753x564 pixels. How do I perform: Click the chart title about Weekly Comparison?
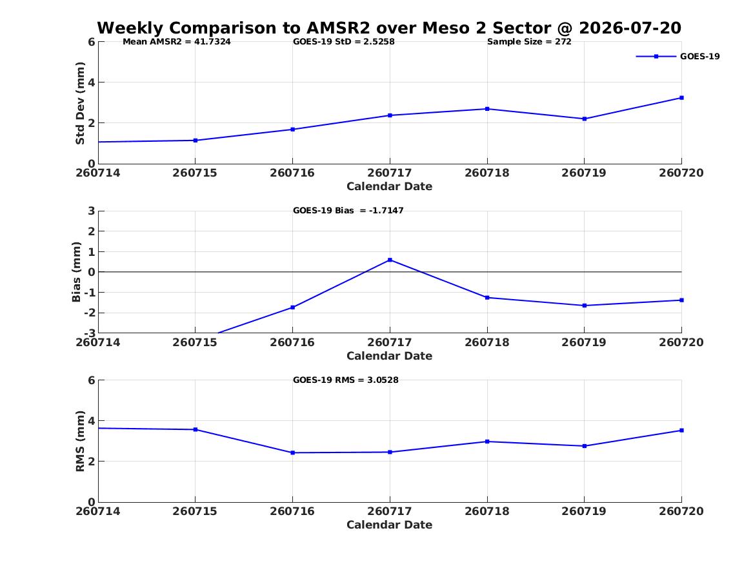tap(389, 28)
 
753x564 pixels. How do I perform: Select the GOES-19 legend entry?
tap(678, 57)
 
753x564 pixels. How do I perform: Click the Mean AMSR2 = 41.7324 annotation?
tap(177, 42)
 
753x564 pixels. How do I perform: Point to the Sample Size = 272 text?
tap(529, 42)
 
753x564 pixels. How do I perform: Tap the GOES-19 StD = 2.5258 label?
tap(344, 42)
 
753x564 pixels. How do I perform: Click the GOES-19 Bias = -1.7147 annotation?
tap(348, 211)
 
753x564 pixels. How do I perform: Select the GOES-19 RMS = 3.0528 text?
tap(346, 380)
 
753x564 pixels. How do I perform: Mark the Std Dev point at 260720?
tap(681, 98)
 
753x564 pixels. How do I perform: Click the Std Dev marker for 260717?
tap(390, 115)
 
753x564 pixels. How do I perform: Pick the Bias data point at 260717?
tap(390, 260)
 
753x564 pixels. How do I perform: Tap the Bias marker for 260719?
tap(585, 306)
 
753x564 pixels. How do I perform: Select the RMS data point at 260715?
tap(196, 430)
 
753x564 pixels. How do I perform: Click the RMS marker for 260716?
tap(293, 452)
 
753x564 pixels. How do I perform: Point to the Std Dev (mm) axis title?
tap(80, 103)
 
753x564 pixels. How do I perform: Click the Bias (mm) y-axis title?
tap(76, 272)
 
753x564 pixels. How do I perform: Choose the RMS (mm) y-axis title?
tap(80, 442)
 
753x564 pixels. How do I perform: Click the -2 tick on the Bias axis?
tap(90, 313)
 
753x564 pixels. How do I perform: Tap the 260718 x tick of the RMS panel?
tap(487, 511)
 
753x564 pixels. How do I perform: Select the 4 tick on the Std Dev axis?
tap(92, 83)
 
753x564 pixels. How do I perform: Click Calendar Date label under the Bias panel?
tap(390, 356)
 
